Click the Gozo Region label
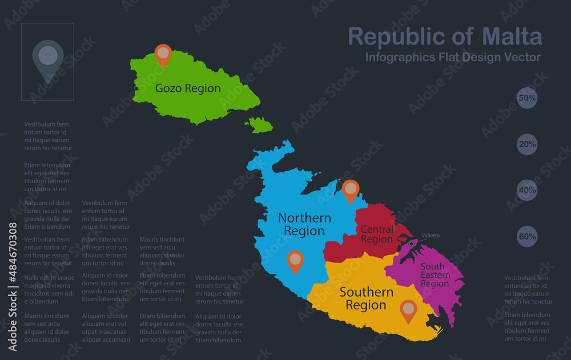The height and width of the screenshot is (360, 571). coord(188,88)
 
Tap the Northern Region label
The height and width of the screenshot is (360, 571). coord(304,224)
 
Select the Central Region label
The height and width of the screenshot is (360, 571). coord(377,234)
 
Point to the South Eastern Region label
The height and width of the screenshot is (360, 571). coord(435,275)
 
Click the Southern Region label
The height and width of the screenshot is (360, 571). coord(366,298)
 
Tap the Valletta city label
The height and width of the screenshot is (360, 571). coord(431,236)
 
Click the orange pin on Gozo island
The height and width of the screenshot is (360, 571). coord(163,54)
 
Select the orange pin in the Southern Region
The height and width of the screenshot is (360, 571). coord(408,310)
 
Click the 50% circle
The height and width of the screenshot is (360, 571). coord(527,98)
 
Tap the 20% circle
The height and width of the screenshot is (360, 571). coord(527,144)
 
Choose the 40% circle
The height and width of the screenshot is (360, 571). coord(527,190)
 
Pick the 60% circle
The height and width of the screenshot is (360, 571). coord(527,236)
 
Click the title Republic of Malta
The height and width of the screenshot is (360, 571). coord(445,37)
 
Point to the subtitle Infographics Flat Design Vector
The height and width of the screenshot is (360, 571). coord(453,57)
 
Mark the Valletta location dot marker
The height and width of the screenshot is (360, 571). coord(411,244)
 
